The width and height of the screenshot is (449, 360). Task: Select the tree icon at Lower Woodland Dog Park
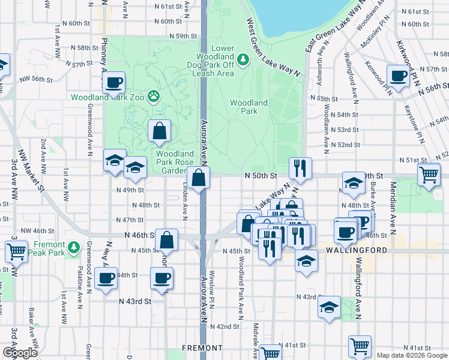tap(243, 59)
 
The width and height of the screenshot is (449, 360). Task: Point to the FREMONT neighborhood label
tap(202, 348)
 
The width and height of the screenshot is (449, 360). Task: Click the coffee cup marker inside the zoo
tap(113, 83)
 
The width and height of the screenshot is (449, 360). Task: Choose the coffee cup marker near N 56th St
tap(398, 76)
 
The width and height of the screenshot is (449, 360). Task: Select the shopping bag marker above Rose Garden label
tap(159, 131)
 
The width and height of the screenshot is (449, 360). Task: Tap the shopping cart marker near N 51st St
tap(429, 175)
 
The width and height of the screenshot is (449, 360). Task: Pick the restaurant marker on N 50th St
tap(299, 169)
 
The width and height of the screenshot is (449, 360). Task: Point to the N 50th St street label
tap(261, 176)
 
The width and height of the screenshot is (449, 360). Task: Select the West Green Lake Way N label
tap(273, 47)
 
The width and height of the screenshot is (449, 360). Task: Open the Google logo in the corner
tap(19, 353)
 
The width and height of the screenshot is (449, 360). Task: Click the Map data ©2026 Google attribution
tap(412, 355)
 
